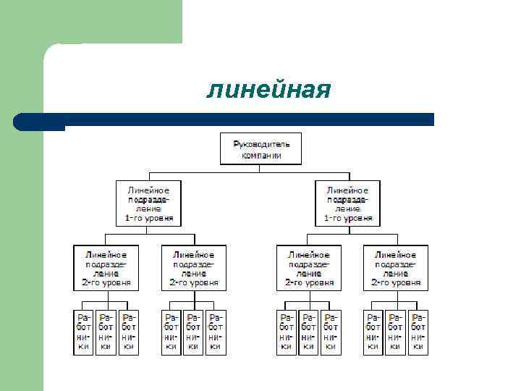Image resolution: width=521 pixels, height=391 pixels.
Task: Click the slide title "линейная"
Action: point(268,91)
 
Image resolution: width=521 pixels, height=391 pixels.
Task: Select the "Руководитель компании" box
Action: point(260,149)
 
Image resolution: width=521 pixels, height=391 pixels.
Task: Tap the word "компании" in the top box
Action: point(260,155)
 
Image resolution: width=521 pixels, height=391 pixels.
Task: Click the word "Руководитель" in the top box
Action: point(260,145)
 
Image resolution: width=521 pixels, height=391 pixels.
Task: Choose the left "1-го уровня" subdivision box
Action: point(149,203)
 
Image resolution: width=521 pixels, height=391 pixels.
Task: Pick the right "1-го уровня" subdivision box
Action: point(348,203)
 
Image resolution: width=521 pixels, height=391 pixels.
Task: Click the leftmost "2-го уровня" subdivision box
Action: point(106,268)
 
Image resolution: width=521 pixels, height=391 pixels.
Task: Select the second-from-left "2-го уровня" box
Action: point(193,268)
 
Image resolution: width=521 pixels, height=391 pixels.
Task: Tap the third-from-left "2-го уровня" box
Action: point(308,268)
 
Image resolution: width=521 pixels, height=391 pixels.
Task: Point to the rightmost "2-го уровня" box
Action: point(395,268)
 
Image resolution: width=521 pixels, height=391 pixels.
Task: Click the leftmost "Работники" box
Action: point(84,332)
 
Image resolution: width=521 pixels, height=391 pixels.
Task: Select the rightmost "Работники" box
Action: point(418,332)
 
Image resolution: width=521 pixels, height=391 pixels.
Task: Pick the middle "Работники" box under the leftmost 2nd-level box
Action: point(106,332)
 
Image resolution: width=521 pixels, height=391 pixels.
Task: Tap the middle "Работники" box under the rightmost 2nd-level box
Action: point(395,332)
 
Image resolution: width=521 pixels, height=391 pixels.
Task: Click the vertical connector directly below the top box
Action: point(260,169)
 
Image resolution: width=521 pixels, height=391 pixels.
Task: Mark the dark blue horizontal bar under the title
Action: point(246,119)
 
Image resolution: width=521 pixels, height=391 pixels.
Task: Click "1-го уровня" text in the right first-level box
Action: point(348,217)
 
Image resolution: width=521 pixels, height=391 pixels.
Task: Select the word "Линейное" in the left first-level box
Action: point(149,190)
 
